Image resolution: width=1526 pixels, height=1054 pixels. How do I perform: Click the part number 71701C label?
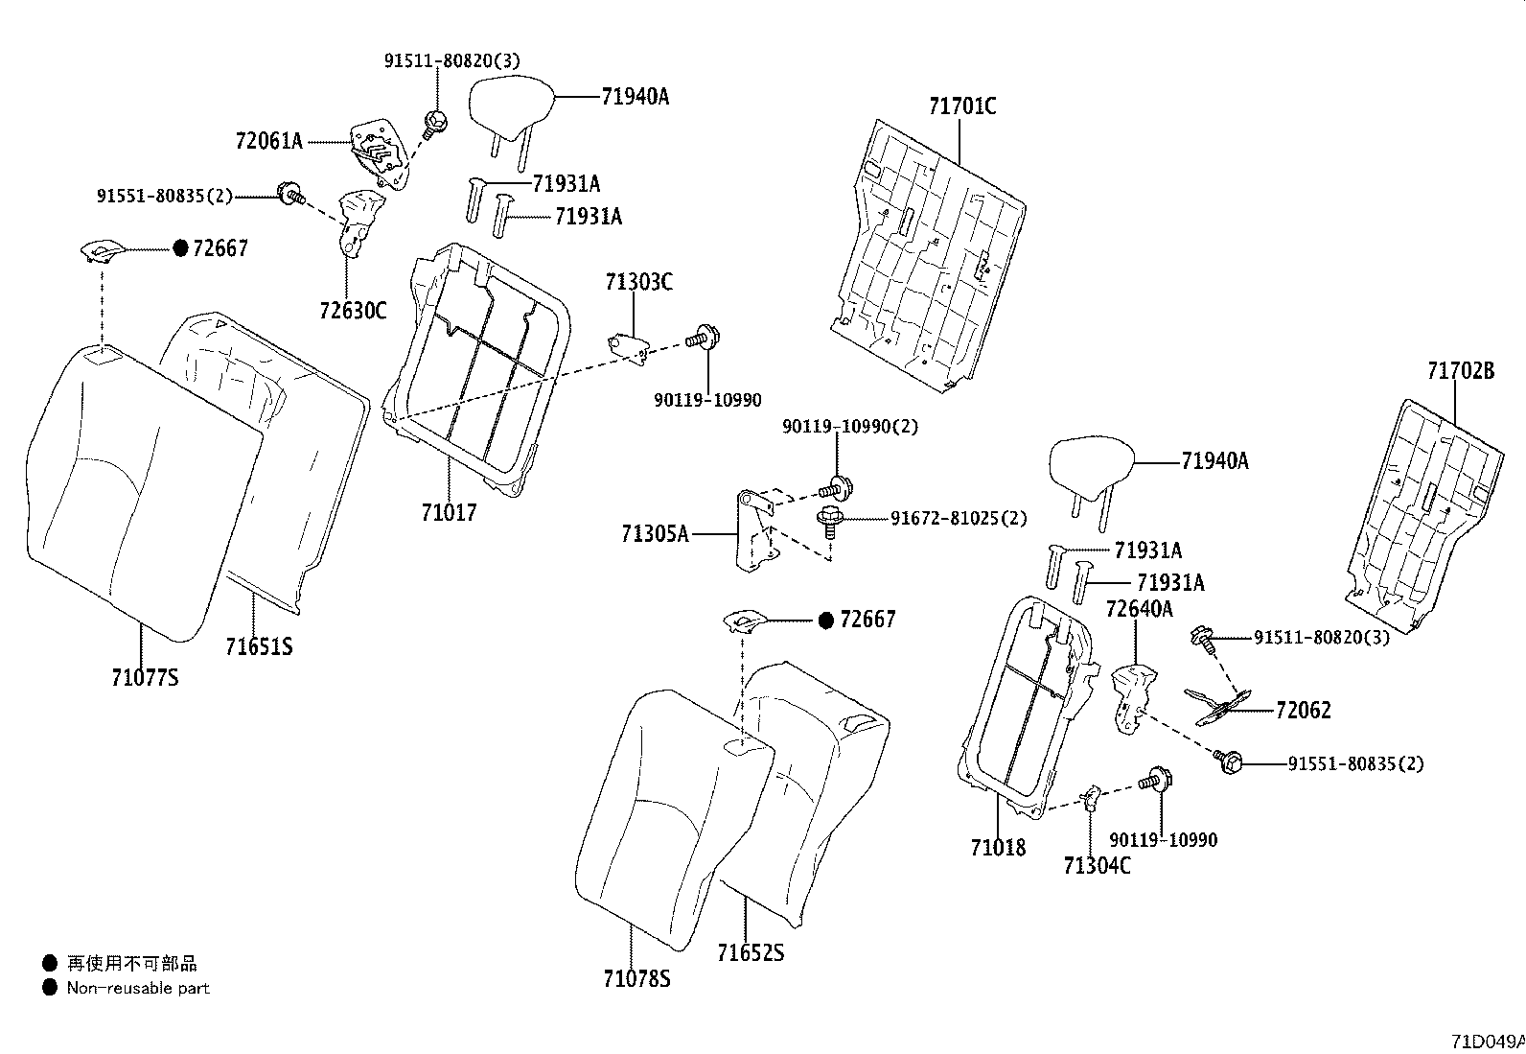point(961,105)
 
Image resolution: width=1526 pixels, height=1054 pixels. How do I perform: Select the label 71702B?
point(1459,370)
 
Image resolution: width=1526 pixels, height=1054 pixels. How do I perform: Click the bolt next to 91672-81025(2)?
point(827,523)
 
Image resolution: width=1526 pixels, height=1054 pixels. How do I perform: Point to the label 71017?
point(448,513)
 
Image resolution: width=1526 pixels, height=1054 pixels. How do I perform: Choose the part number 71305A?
point(655,534)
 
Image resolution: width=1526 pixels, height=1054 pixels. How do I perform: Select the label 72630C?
point(353,311)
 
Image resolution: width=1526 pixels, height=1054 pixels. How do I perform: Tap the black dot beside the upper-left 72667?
point(180,248)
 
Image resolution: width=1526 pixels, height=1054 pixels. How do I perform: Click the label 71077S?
point(145,678)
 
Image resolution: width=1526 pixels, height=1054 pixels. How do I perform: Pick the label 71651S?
point(259,647)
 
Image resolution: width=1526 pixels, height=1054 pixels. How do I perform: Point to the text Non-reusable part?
point(138,988)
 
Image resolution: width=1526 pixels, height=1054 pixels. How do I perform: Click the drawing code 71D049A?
point(1487,1041)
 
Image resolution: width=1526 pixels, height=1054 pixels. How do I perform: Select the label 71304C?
point(1097,865)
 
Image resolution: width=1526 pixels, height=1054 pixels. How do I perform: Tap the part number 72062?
point(1303,710)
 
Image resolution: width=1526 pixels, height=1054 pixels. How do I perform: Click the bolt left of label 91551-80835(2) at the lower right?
point(1228,761)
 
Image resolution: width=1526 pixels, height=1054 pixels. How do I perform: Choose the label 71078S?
point(636,979)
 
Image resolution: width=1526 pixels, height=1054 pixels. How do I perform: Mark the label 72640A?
point(1139,609)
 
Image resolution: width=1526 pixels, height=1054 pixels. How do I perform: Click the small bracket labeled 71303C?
point(628,344)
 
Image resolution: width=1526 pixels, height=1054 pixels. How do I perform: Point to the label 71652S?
point(751,953)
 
